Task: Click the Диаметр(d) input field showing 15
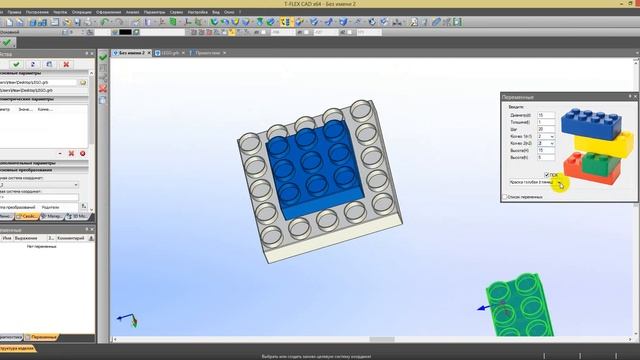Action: pos(544,115)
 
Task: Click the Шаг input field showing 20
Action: pos(544,129)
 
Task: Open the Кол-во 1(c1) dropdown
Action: pos(546,136)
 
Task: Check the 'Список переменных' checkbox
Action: pos(505,197)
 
